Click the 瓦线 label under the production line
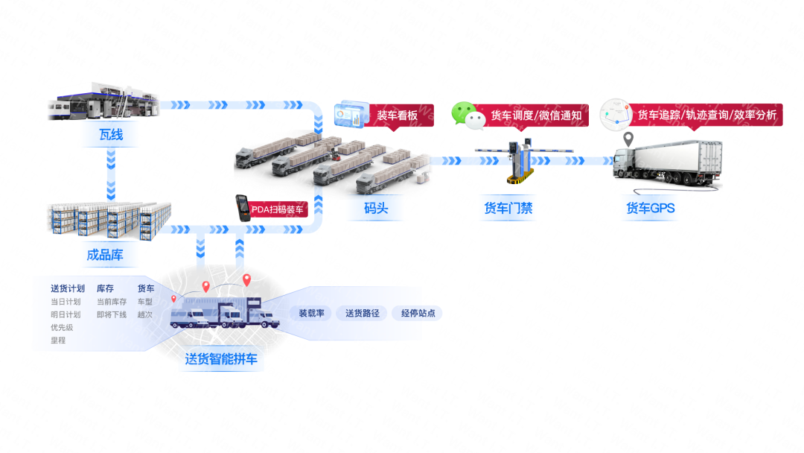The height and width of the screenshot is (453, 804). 111,135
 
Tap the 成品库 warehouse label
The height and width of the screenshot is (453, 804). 105,255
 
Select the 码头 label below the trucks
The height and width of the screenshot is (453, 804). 376,209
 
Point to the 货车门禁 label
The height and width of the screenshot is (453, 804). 508,209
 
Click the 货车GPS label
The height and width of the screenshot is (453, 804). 650,209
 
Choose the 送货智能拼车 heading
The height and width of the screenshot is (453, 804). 221,359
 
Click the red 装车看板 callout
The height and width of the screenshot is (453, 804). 398,115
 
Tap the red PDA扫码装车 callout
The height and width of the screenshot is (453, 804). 278,209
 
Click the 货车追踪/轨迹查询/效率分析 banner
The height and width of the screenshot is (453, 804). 706,115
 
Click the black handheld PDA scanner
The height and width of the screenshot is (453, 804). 243,208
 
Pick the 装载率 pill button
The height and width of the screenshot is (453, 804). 311,313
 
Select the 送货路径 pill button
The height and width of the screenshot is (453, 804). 362,313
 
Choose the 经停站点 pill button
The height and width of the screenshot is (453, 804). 418,313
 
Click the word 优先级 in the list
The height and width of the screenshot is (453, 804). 62,327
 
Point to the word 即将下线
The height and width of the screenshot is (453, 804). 112,314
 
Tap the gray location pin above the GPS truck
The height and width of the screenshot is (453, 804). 628,139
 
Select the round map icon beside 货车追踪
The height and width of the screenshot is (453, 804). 616,115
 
